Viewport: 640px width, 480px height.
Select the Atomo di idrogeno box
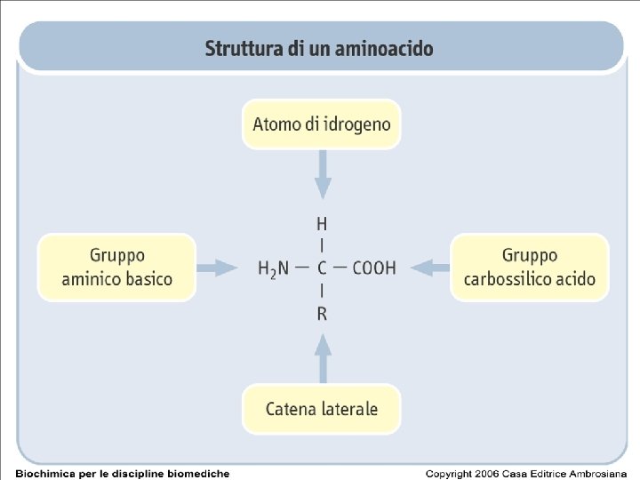click(322, 124)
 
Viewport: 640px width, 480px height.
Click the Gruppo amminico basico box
click(116, 267)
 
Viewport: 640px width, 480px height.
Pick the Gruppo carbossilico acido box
click(530, 267)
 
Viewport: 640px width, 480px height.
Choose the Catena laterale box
click(322, 409)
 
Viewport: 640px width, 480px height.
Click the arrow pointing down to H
click(323, 174)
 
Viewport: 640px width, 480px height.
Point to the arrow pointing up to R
click(323, 357)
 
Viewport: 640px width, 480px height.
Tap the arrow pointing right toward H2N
click(217, 267)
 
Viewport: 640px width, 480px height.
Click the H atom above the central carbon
click(322, 223)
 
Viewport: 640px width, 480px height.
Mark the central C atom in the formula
click(322, 268)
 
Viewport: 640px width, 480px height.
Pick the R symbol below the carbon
click(322, 314)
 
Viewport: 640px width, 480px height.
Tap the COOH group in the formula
click(374, 268)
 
